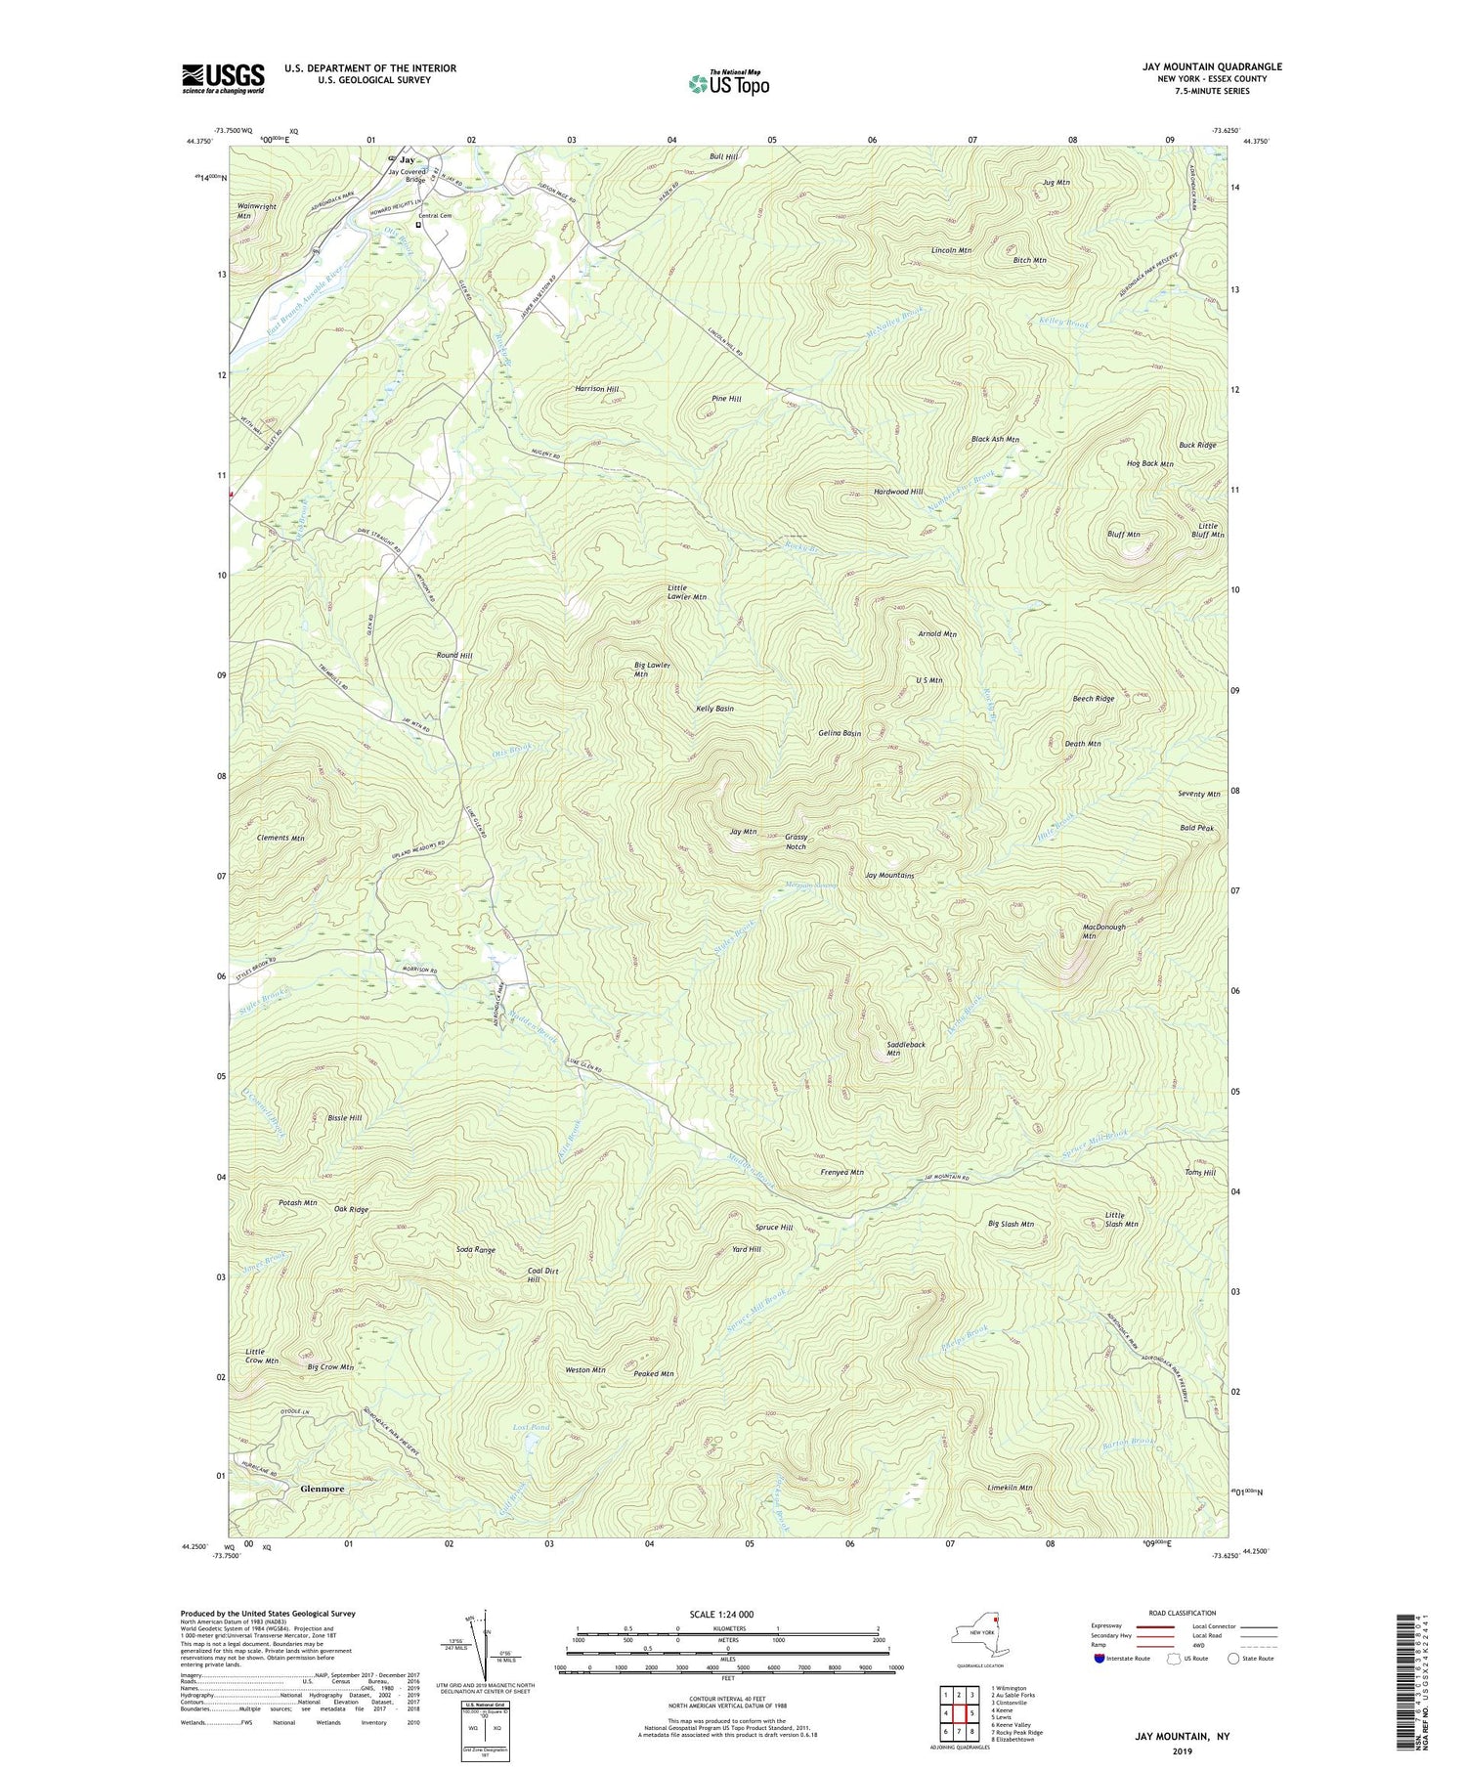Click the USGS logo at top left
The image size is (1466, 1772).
(x=223, y=78)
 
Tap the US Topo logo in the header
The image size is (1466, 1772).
(x=729, y=84)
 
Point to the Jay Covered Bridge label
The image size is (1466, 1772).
(x=407, y=176)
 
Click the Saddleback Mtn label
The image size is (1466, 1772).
(x=906, y=1049)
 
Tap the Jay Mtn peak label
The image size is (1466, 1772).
(x=744, y=832)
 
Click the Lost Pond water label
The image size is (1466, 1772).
(x=533, y=1428)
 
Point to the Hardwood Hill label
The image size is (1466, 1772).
(x=898, y=492)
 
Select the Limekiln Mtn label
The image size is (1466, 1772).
(x=1010, y=1488)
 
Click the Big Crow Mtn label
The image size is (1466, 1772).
(x=330, y=1367)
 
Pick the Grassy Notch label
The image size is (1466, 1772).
(x=797, y=842)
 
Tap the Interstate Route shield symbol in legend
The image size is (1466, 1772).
(x=1100, y=1659)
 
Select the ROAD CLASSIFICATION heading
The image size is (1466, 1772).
(x=1183, y=1613)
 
